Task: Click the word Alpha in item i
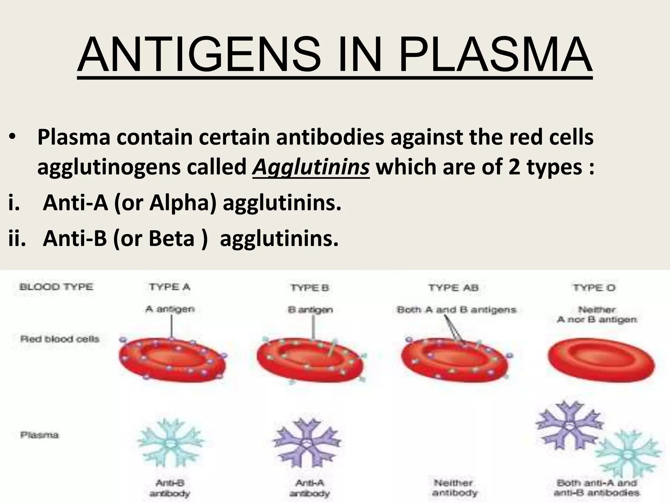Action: (x=183, y=203)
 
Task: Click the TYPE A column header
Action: (x=169, y=287)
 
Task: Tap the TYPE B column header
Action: (x=309, y=288)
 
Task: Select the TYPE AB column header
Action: (x=453, y=288)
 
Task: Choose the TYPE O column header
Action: (x=594, y=288)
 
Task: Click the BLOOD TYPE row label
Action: (x=56, y=287)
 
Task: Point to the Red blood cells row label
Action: (x=60, y=339)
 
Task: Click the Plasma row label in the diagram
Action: (x=40, y=435)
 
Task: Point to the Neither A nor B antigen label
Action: (x=597, y=314)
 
